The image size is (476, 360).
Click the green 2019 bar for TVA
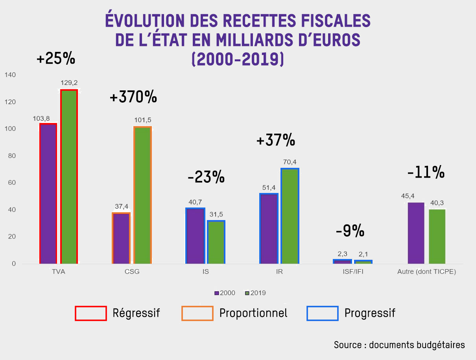[x=69, y=176]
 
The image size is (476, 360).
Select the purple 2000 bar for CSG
[x=121, y=238]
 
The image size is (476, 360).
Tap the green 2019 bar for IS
[x=216, y=242]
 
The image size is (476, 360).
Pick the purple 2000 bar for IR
[x=269, y=228]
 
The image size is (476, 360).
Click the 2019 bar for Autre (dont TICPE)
[x=437, y=236]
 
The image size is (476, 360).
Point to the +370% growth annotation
[x=133, y=97]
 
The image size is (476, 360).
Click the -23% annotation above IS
[x=206, y=178]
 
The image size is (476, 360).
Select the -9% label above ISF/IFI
[x=350, y=231]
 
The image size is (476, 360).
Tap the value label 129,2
[x=69, y=83]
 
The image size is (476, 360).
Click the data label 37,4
[x=121, y=206]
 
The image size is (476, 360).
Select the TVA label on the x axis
[x=58, y=272]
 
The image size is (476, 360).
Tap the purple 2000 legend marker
[x=216, y=293]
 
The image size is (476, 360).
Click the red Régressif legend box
[x=90, y=313]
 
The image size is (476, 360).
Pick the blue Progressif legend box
[x=322, y=313]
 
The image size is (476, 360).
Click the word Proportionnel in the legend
[x=253, y=313]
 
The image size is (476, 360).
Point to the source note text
[x=399, y=345]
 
